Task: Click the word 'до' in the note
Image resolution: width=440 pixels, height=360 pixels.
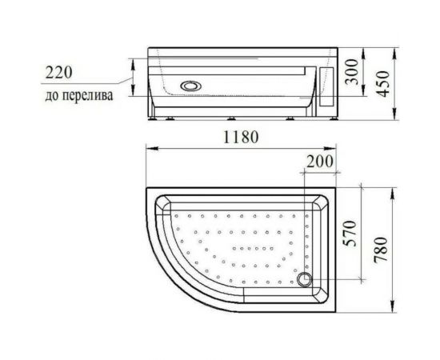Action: pos(50,97)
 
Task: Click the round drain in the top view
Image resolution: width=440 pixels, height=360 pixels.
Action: pos(305,279)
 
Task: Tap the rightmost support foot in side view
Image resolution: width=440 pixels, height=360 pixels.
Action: pos(330,122)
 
